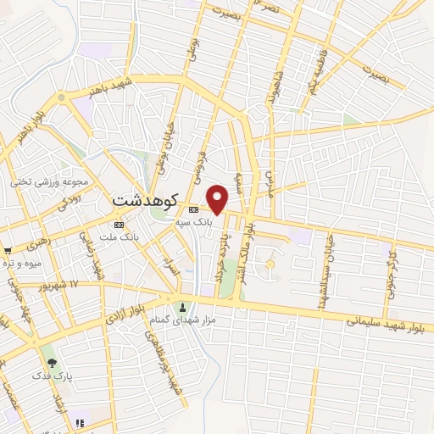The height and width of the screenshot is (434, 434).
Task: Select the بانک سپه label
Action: pyautogui.click(x=191, y=220)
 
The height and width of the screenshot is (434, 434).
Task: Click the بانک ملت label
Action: pyautogui.click(x=118, y=237)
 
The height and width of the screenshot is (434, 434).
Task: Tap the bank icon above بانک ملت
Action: pyautogui.click(x=118, y=225)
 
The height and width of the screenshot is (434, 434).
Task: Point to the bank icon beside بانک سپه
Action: pyautogui.click(x=193, y=209)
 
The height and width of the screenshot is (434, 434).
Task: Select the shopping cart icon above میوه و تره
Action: pyautogui.click(x=8, y=250)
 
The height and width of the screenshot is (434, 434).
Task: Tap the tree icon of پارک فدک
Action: pyautogui.click(x=53, y=362)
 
